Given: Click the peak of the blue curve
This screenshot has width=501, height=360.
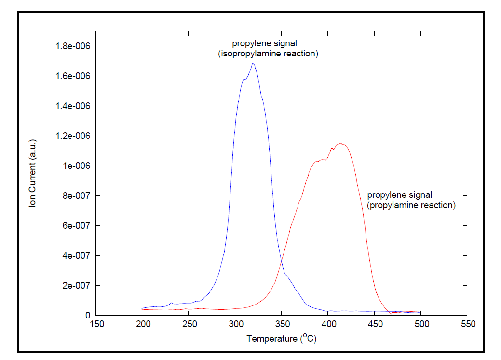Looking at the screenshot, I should [x=253, y=64].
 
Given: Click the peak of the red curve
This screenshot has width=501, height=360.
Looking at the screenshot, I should [x=341, y=143].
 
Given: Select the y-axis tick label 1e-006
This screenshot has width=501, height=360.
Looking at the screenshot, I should [x=77, y=166].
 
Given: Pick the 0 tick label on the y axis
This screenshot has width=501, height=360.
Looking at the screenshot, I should [x=88, y=315].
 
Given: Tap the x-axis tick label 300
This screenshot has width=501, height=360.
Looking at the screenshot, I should [x=235, y=324].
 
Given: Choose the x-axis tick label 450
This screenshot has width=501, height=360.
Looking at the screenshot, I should [x=375, y=324].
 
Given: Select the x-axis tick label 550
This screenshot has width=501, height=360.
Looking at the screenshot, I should [x=467, y=324].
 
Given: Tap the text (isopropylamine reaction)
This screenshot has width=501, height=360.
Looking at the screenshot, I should [x=268, y=54].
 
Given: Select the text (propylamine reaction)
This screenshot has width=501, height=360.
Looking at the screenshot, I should [x=411, y=205].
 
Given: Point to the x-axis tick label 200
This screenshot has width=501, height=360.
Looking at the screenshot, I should [x=142, y=324].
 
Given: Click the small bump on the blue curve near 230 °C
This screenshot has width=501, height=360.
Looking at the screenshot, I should [x=171, y=303].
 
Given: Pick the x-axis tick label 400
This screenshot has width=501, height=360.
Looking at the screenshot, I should [x=328, y=324].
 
